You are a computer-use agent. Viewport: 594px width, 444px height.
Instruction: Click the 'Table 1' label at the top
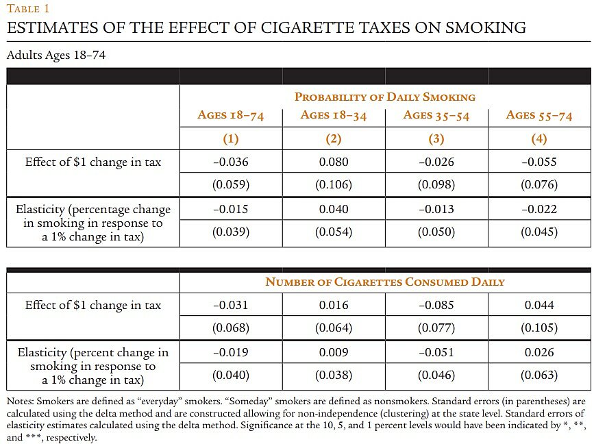tap(28, 9)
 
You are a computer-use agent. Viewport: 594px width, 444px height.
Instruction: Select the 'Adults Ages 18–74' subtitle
tap(55, 55)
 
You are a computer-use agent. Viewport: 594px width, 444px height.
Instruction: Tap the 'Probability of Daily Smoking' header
tap(384, 97)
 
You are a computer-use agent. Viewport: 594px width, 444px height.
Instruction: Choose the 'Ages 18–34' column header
tap(333, 115)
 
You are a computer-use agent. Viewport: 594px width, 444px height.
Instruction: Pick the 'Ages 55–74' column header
tap(539, 115)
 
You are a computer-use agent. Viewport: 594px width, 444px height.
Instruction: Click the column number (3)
tap(436, 139)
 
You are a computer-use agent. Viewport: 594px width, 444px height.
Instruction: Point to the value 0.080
tap(334, 162)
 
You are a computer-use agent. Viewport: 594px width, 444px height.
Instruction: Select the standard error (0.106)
tap(334, 185)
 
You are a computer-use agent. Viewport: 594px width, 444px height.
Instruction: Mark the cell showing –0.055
tap(539, 162)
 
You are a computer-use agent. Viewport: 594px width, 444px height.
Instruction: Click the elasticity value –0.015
tap(230, 209)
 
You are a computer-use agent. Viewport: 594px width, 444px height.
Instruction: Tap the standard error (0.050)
tap(436, 232)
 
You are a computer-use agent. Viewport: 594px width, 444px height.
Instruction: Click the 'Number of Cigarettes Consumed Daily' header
tap(384, 282)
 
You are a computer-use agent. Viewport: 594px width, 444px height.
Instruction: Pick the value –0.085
tap(436, 305)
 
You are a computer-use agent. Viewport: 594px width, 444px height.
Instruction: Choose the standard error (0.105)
tap(539, 328)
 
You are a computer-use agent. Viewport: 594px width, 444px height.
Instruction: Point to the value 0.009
tap(334, 352)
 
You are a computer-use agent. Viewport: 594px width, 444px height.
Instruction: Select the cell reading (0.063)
tap(539, 375)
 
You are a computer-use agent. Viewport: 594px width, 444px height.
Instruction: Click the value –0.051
tap(436, 352)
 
